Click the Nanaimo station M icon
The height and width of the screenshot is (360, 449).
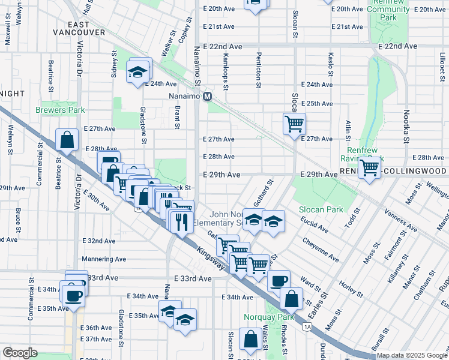pyautogui.click(x=208, y=97)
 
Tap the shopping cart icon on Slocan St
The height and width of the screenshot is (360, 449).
pyautogui.click(x=294, y=124)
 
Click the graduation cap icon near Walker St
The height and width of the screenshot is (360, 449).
pyautogui.click(x=137, y=73)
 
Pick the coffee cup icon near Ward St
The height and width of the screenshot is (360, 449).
pyautogui.click(x=277, y=280)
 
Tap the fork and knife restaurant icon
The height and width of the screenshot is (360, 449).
pyautogui.click(x=180, y=221)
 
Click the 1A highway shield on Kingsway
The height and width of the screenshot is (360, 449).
pyautogui.click(x=307, y=326)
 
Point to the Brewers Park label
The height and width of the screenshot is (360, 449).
pyautogui.click(x=60, y=110)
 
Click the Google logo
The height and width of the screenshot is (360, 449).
pyautogui.click(x=19, y=353)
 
